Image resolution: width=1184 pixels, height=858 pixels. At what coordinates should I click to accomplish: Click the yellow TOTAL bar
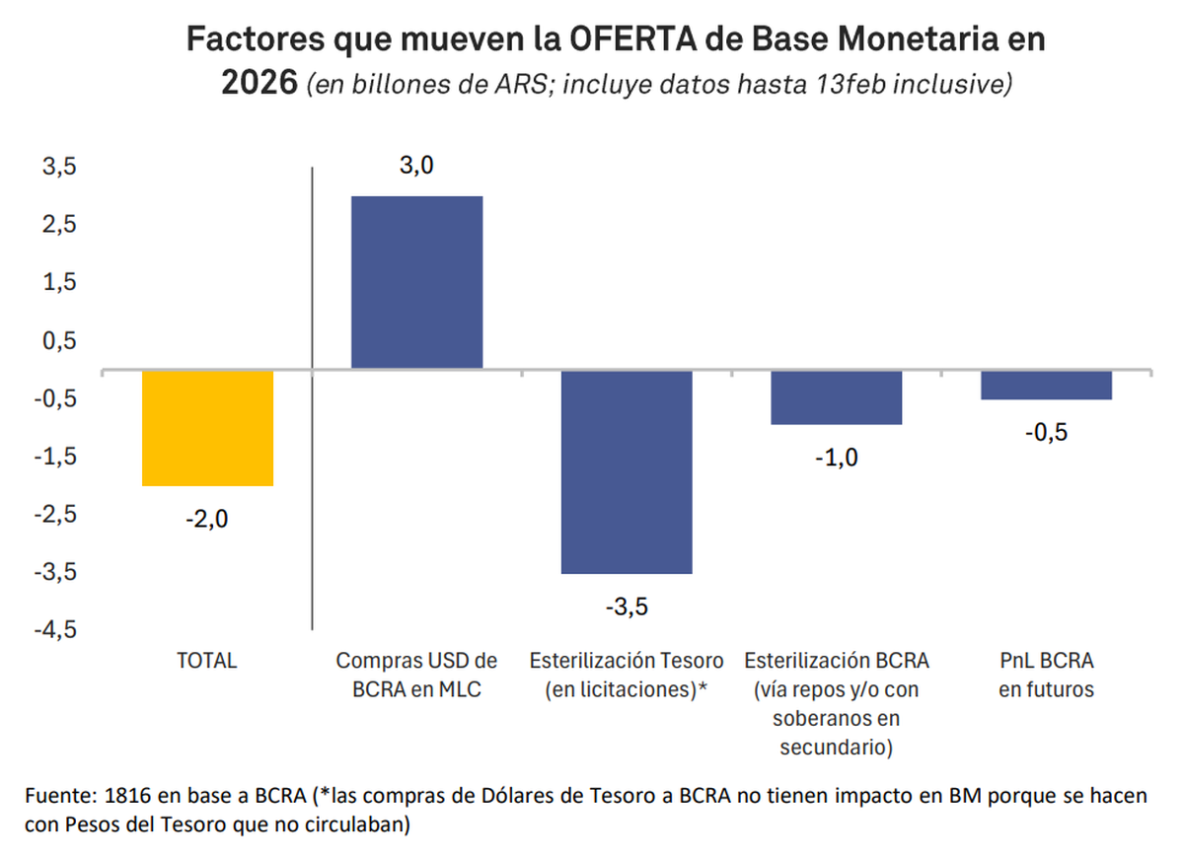click(207, 428)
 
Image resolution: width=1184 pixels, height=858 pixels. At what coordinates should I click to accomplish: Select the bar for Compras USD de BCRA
click(416, 282)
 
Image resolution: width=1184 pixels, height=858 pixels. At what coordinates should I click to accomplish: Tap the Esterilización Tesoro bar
click(627, 471)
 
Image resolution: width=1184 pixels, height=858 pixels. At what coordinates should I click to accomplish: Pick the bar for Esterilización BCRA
click(836, 397)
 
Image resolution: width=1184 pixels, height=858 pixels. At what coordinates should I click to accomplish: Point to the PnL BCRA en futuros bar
click(1046, 385)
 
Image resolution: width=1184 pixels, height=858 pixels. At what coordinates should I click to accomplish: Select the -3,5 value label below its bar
click(627, 606)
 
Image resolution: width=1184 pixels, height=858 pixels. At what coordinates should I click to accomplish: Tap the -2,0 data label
click(206, 519)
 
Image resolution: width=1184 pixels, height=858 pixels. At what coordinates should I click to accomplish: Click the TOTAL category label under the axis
click(206, 661)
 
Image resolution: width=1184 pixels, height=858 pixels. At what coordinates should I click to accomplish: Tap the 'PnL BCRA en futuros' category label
click(1046, 675)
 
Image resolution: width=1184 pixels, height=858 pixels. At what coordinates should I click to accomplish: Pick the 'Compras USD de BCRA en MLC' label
click(416, 675)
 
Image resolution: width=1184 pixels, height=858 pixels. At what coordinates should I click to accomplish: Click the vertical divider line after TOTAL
click(312, 394)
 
